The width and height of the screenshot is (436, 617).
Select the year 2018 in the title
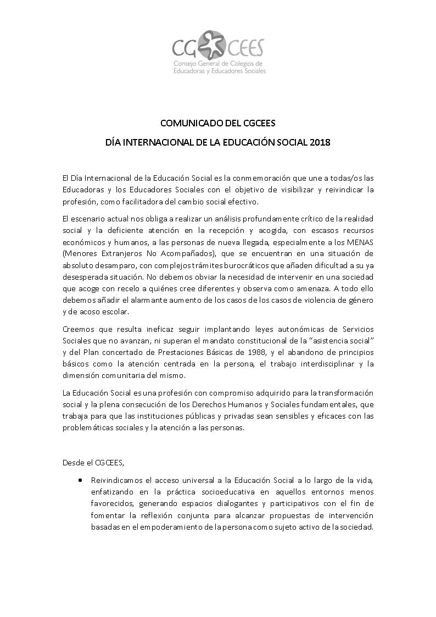(320, 142)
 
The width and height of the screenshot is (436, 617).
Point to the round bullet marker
(81, 479)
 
